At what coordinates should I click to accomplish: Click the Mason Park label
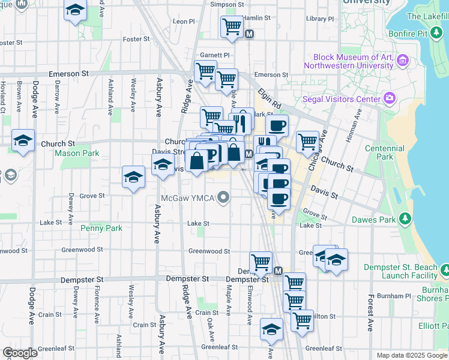[77, 153]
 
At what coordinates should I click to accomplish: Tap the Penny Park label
[101, 228]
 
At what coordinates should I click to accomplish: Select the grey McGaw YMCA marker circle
[224, 197]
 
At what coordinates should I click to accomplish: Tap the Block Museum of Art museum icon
[402, 60]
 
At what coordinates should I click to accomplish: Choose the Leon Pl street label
[184, 21]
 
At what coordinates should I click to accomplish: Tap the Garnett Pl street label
[215, 55]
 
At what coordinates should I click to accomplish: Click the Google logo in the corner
[20, 353]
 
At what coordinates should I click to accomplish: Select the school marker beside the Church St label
[23, 142]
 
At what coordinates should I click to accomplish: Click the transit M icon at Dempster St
[278, 271]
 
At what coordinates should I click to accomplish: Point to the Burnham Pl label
[393, 296]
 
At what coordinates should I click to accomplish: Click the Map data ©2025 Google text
[411, 355]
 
